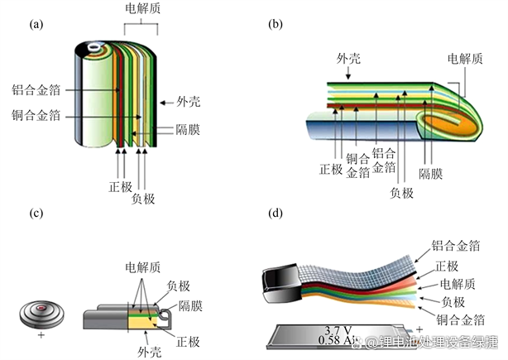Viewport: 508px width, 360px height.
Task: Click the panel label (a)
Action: point(36,25)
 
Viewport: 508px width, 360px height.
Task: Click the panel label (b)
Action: point(276,25)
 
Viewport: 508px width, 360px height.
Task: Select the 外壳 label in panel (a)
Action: point(188,103)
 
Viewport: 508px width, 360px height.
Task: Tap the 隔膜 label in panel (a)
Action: point(186,130)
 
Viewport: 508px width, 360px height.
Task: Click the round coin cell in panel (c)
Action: point(41,314)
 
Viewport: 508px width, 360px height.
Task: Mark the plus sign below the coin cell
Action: point(41,338)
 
